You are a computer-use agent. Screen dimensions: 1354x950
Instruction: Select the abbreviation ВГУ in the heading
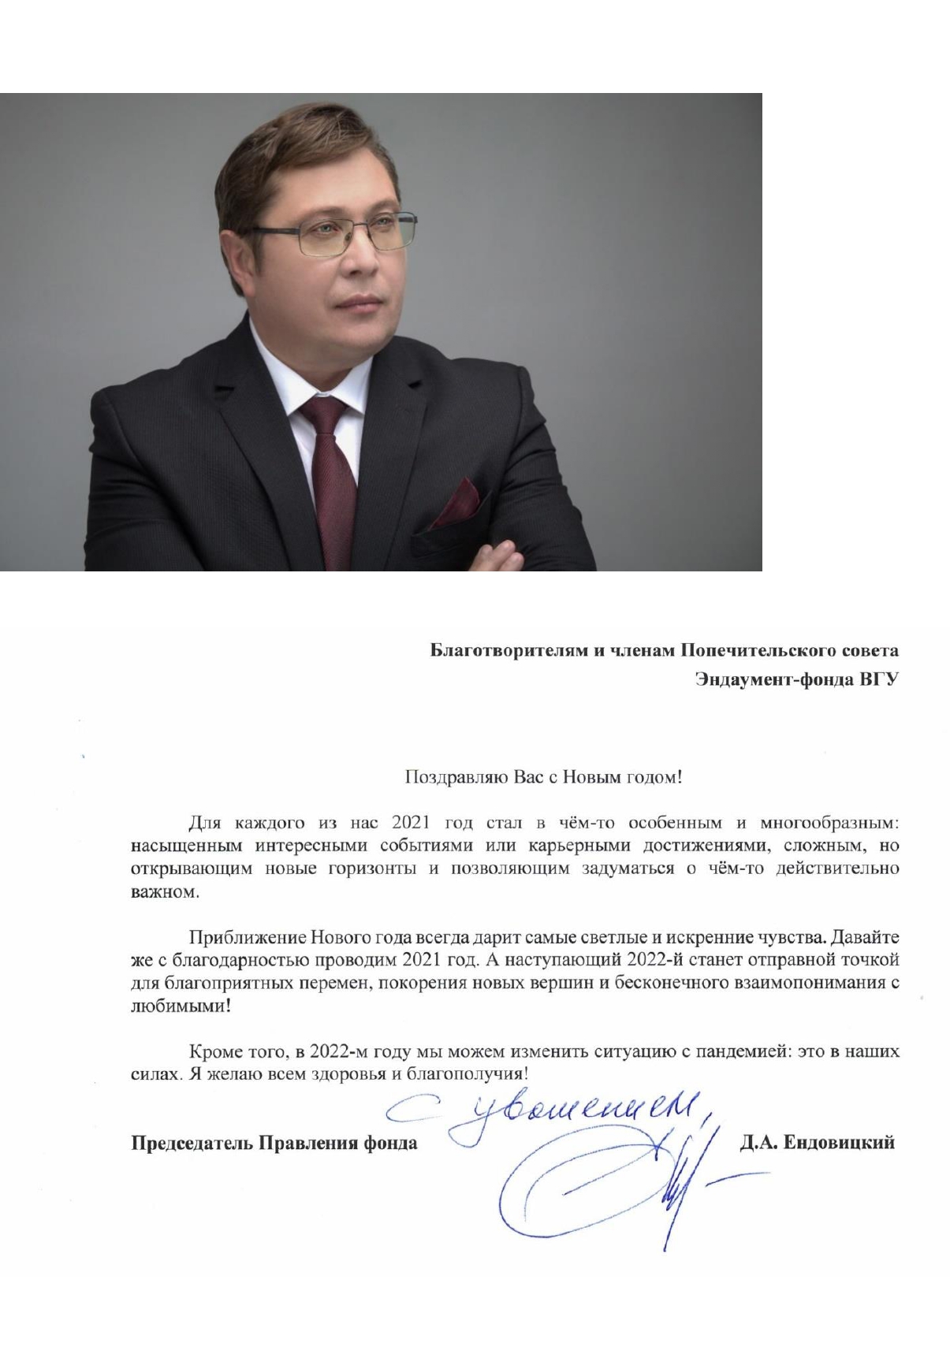coord(878,679)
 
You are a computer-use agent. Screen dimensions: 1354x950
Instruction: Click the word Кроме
coord(214,1051)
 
